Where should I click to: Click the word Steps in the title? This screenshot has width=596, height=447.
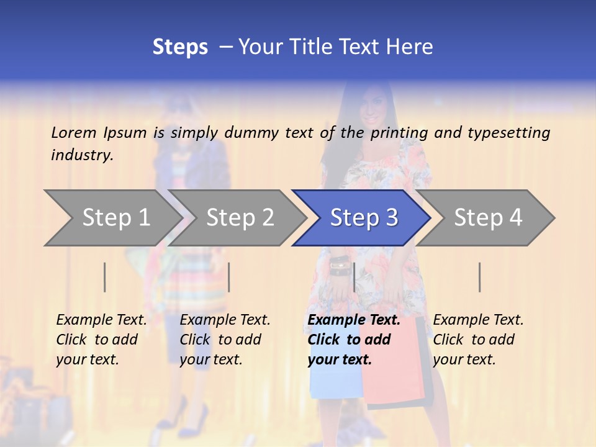click(x=180, y=47)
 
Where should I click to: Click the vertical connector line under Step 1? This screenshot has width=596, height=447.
click(x=105, y=277)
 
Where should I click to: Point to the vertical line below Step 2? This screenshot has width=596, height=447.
click(x=229, y=277)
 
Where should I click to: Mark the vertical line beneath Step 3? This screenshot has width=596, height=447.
click(x=354, y=277)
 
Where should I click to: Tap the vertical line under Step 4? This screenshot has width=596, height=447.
click(x=479, y=277)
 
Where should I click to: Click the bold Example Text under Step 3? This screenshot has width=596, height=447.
click(x=354, y=320)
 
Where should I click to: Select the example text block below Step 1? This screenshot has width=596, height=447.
click(x=101, y=340)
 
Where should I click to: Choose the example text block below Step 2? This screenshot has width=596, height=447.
click(x=224, y=340)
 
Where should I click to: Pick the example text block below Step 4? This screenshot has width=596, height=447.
click(x=477, y=340)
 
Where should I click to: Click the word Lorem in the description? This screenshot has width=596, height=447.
click(x=74, y=132)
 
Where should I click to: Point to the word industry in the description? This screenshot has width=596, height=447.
click(x=82, y=155)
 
